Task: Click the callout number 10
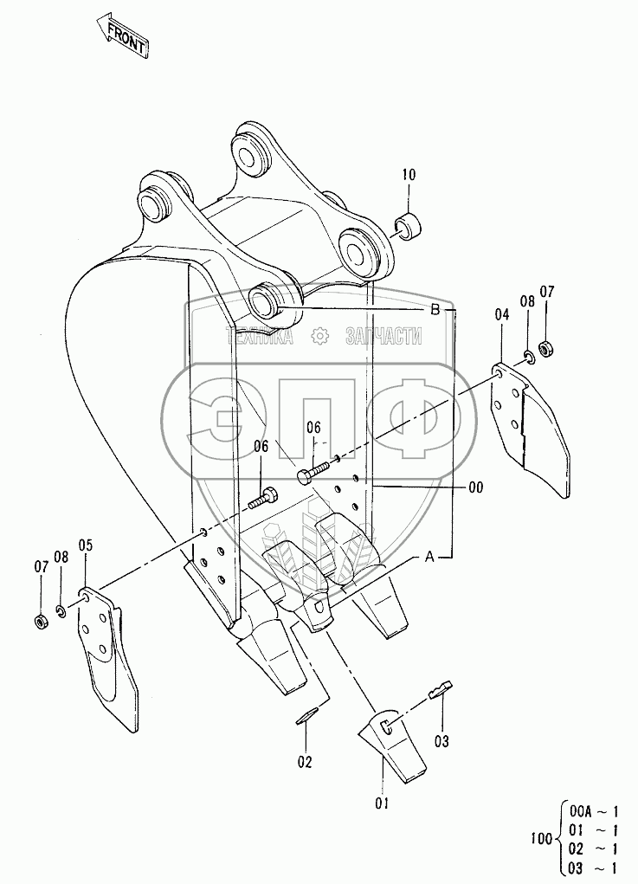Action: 409,176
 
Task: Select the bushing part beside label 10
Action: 409,226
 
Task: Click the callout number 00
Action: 475,487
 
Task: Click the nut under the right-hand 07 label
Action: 546,348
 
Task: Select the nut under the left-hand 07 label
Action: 39,621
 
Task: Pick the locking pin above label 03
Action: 440,688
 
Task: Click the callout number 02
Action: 305,762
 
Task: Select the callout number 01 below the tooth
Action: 382,803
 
